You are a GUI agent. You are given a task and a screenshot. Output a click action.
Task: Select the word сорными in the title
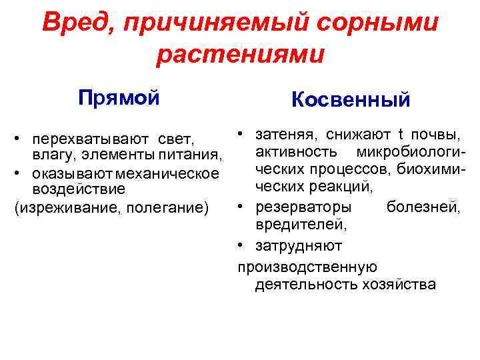(x=387, y=23)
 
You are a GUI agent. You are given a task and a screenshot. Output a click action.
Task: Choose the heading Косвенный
(x=351, y=100)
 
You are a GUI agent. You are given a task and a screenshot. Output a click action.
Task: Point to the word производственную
(x=307, y=267)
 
